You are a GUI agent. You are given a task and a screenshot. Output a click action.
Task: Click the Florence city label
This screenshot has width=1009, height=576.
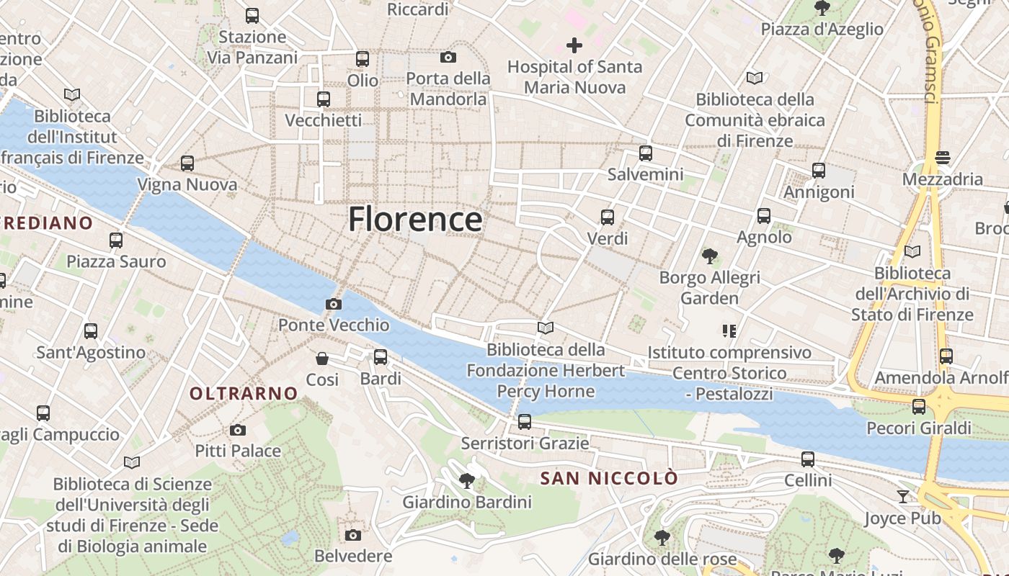[x=415, y=219]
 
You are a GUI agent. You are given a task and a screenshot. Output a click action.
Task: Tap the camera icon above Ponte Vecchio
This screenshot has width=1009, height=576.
[x=333, y=304]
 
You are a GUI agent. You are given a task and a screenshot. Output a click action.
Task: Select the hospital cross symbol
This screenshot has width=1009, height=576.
[x=574, y=45]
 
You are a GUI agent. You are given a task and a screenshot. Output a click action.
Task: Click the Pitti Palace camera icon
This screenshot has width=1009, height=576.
[x=238, y=430]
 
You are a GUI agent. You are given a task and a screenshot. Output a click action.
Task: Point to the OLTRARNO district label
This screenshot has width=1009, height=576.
[x=244, y=393]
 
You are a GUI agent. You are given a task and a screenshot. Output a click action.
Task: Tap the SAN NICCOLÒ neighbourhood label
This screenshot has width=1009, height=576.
[x=609, y=478]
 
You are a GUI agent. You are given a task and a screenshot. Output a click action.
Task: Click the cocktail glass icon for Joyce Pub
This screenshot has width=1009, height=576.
[x=902, y=496]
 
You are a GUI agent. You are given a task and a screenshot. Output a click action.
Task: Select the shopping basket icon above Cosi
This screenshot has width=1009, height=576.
[x=322, y=358]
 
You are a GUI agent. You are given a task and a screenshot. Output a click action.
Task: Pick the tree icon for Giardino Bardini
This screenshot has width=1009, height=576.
[x=467, y=480]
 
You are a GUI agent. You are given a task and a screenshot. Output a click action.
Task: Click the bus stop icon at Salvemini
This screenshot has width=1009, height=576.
[x=646, y=153]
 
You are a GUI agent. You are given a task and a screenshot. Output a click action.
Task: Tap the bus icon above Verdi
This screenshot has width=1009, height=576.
[x=608, y=217]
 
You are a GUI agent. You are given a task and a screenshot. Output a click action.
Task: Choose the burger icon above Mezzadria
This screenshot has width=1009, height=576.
[x=942, y=157]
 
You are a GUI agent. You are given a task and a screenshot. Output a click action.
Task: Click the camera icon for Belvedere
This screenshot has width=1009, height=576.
[x=352, y=534]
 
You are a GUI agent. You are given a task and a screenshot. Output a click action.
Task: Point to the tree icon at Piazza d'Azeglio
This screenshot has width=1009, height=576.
[x=822, y=8]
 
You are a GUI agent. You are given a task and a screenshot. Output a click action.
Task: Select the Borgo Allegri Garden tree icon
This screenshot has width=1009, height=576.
[x=710, y=256]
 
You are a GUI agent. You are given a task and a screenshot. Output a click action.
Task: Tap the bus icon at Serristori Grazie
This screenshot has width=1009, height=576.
[x=525, y=421]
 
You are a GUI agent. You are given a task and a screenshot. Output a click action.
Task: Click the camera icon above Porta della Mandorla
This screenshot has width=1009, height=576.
[x=448, y=57]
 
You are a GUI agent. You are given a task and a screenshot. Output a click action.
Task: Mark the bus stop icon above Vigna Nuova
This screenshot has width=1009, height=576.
[x=187, y=163]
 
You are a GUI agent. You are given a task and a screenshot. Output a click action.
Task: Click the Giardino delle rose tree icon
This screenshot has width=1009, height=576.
[x=662, y=537]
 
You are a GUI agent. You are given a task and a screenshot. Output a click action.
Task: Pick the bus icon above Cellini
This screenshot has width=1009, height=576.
[x=808, y=459]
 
